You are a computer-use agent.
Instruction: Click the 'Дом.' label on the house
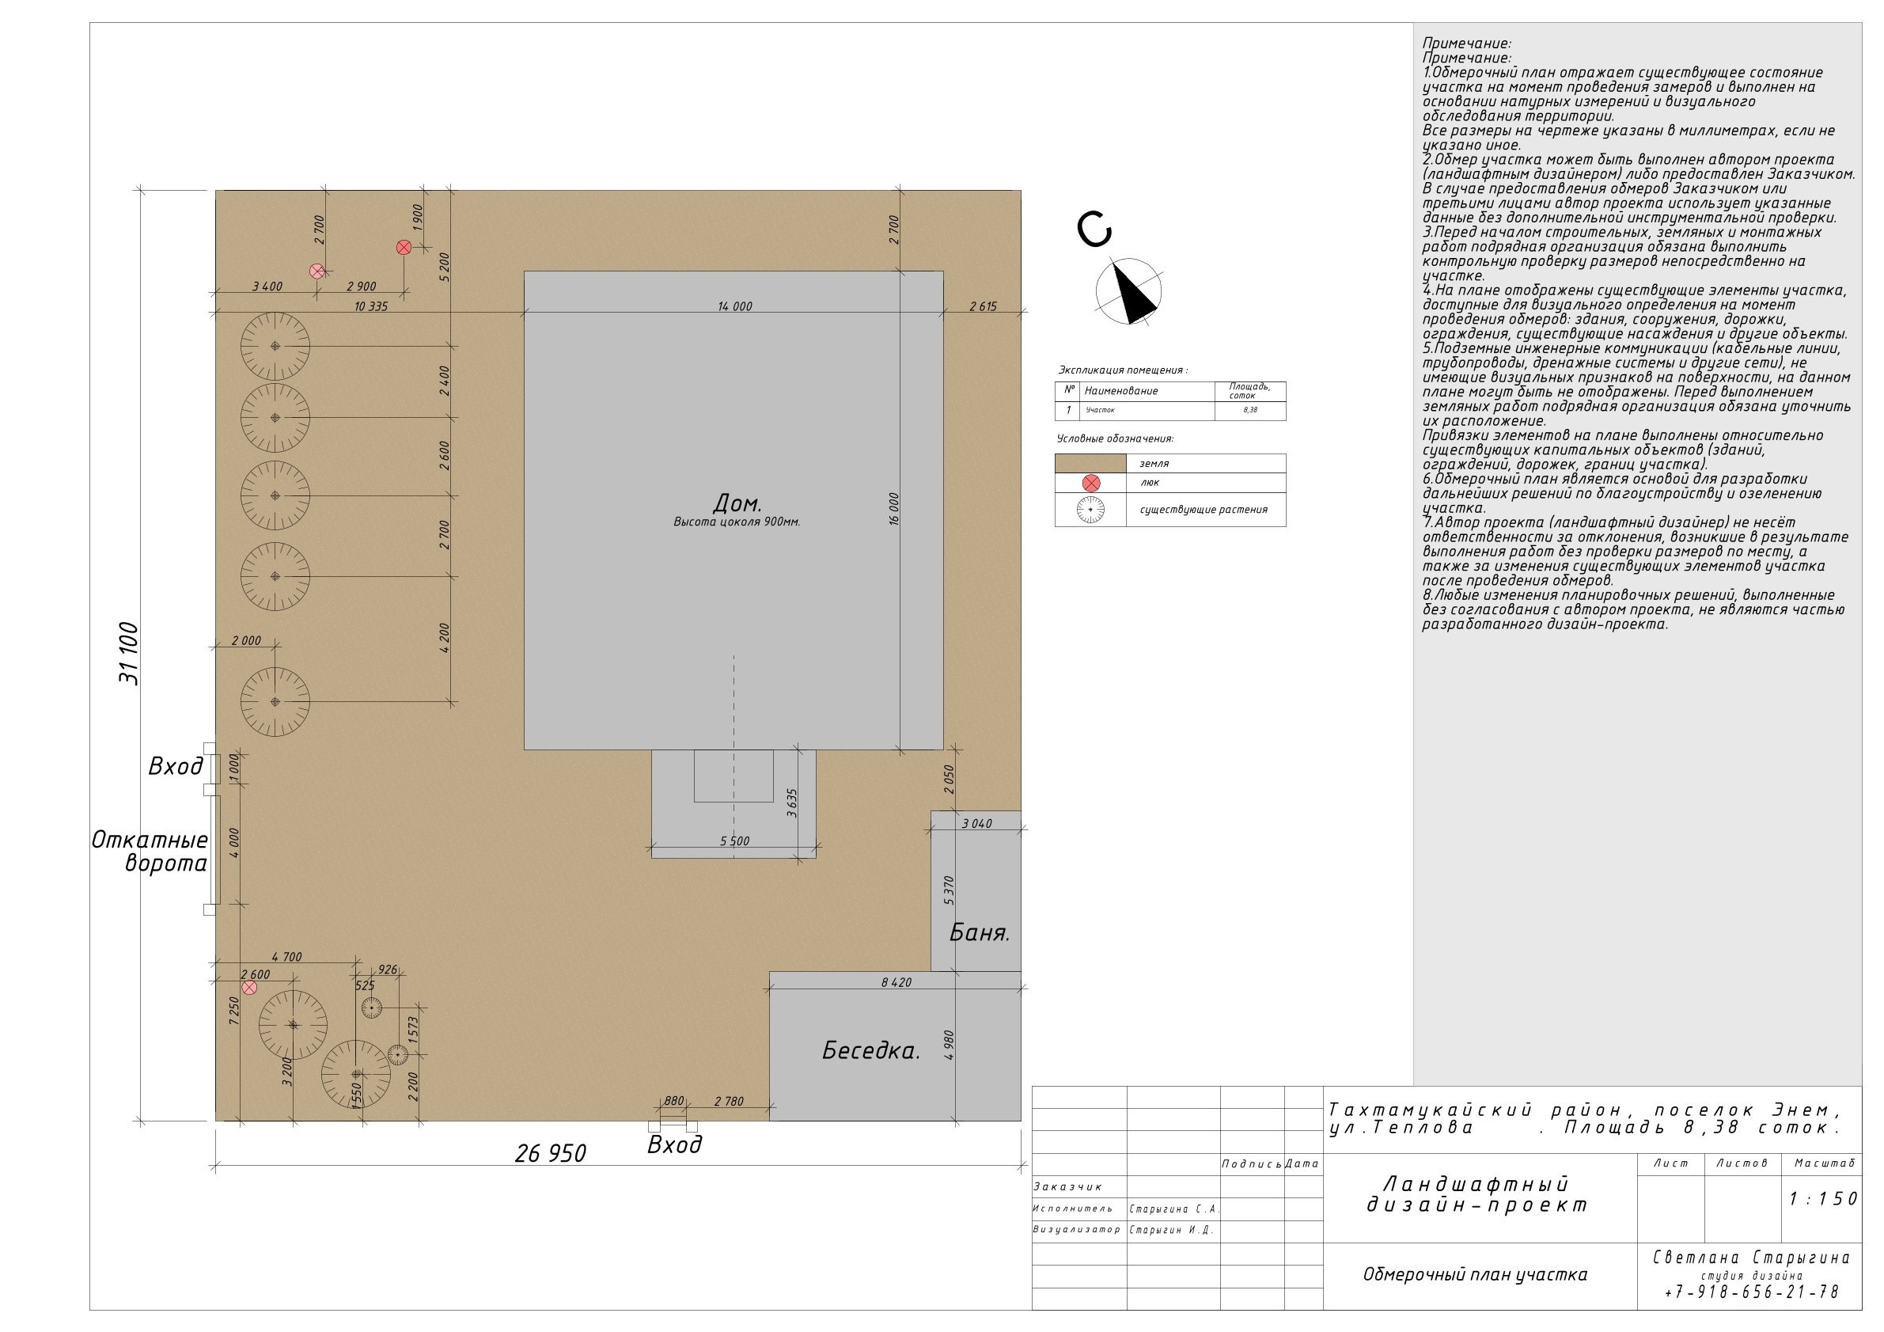(x=737, y=503)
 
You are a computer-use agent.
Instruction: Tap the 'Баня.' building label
(x=979, y=932)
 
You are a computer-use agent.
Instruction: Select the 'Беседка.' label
(x=870, y=1050)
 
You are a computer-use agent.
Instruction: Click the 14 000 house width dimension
(x=734, y=306)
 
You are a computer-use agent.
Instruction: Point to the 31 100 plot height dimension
(x=129, y=654)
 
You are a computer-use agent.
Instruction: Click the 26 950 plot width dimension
(x=550, y=1154)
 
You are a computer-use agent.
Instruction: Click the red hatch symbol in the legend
(x=1090, y=484)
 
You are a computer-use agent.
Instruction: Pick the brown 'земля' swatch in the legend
(x=1090, y=463)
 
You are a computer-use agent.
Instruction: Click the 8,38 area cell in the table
(x=1249, y=409)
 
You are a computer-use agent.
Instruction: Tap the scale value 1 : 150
(x=1822, y=1199)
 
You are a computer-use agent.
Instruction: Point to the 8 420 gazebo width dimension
(x=895, y=982)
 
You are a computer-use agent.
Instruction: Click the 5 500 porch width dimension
(x=734, y=841)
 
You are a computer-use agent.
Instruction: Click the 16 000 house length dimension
(x=893, y=509)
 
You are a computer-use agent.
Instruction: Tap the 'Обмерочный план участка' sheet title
(x=1475, y=1274)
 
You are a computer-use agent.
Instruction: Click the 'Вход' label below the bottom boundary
(x=674, y=1145)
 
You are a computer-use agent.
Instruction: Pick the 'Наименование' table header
(x=1121, y=391)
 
